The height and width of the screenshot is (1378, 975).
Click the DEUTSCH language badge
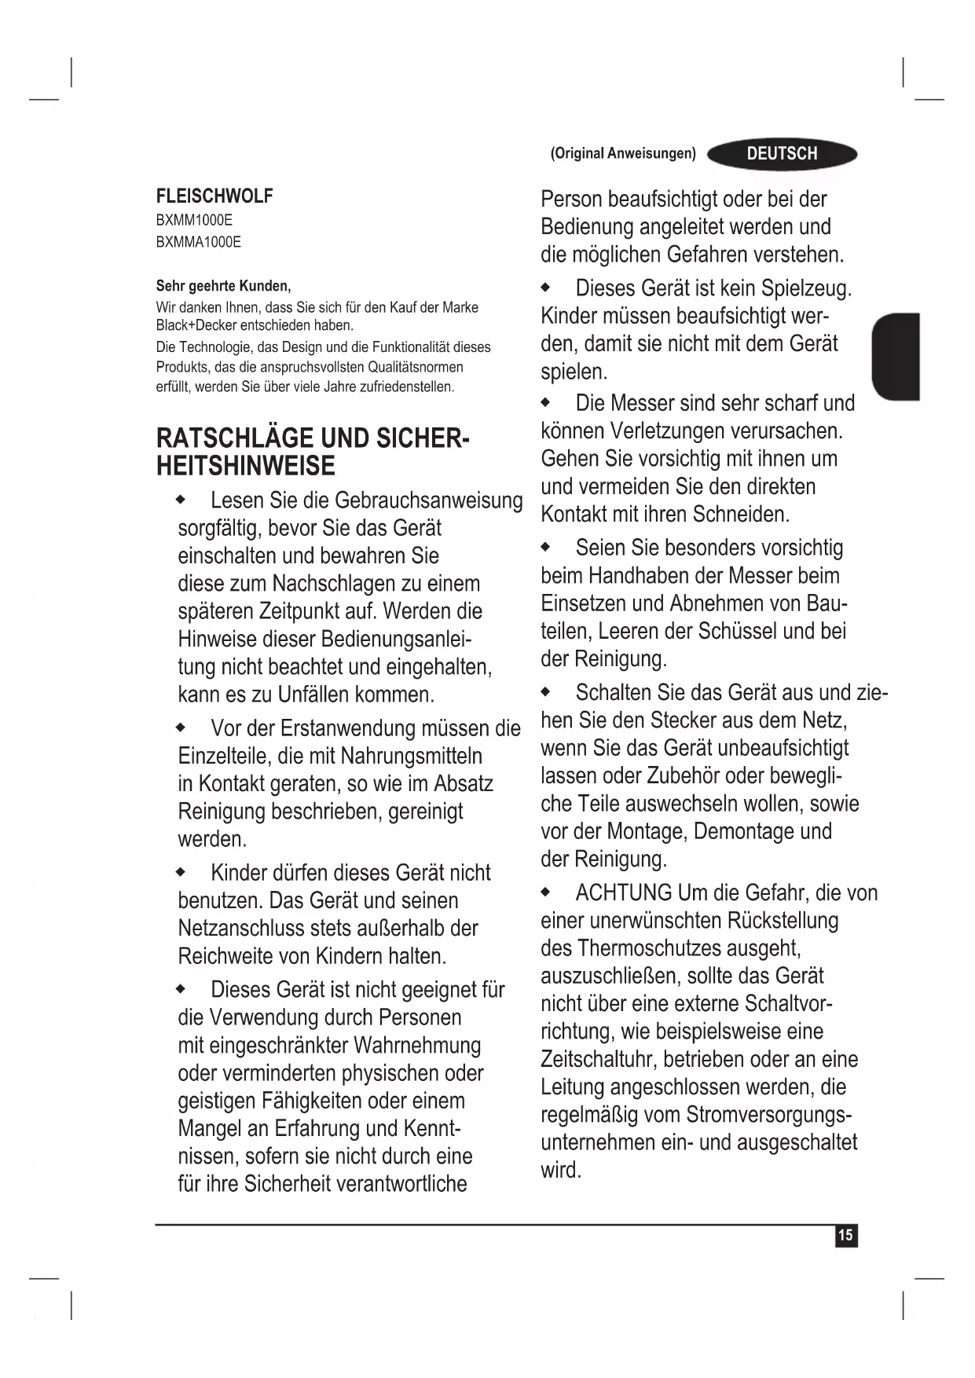[782, 154]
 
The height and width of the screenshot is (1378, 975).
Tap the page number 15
[845, 1236]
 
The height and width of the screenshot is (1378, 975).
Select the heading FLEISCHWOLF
[214, 196]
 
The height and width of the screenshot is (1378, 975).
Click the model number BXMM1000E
[194, 220]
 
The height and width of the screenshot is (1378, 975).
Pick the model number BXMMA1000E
[199, 242]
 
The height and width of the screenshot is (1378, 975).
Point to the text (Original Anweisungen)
[623, 153]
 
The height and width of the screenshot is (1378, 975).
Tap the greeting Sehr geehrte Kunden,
[223, 285]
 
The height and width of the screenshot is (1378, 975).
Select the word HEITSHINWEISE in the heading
[245, 466]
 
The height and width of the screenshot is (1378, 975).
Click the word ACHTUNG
[624, 893]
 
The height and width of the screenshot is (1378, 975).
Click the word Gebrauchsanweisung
[428, 500]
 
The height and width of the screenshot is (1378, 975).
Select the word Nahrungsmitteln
[411, 756]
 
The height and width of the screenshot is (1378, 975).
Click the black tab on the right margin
[896, 356]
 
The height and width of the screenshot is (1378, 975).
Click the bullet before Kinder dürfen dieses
[181, 873]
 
